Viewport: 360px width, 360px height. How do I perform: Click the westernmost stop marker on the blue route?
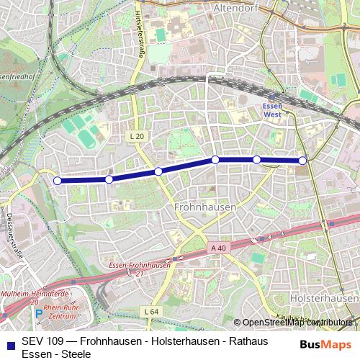point(58,181)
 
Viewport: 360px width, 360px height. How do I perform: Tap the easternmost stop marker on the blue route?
point(303,161)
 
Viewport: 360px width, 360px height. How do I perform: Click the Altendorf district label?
point(236,8)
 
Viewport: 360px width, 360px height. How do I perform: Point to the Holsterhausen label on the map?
point(322,297)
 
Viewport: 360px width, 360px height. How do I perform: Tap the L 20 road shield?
point(138,135)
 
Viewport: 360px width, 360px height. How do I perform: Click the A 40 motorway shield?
point(219,248)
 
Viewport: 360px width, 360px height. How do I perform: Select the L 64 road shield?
point(150,311)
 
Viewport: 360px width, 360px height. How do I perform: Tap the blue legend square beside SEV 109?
point(10,342)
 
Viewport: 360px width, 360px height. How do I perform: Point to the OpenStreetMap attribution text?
point(297,323)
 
